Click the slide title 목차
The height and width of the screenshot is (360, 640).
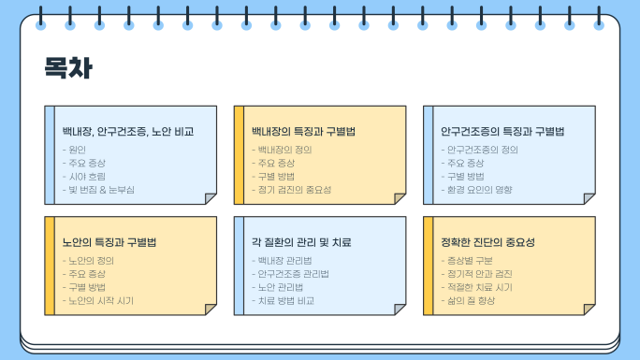point(68,67)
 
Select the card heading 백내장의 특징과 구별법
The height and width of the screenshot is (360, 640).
point(303,131)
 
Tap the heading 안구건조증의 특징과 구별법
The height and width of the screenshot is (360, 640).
point(502,131)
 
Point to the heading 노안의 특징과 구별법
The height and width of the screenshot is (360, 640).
point(109,242)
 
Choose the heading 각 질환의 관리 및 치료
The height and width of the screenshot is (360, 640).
point(301,242)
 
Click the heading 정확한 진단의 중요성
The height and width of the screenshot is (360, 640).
point(487,242)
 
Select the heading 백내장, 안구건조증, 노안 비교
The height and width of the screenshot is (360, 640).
point(128,131)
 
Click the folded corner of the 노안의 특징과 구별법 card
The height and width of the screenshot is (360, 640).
point(211,309)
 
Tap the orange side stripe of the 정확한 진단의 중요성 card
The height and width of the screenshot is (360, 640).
point(429,266)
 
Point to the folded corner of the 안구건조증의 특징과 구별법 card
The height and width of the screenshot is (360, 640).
point(589,198)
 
